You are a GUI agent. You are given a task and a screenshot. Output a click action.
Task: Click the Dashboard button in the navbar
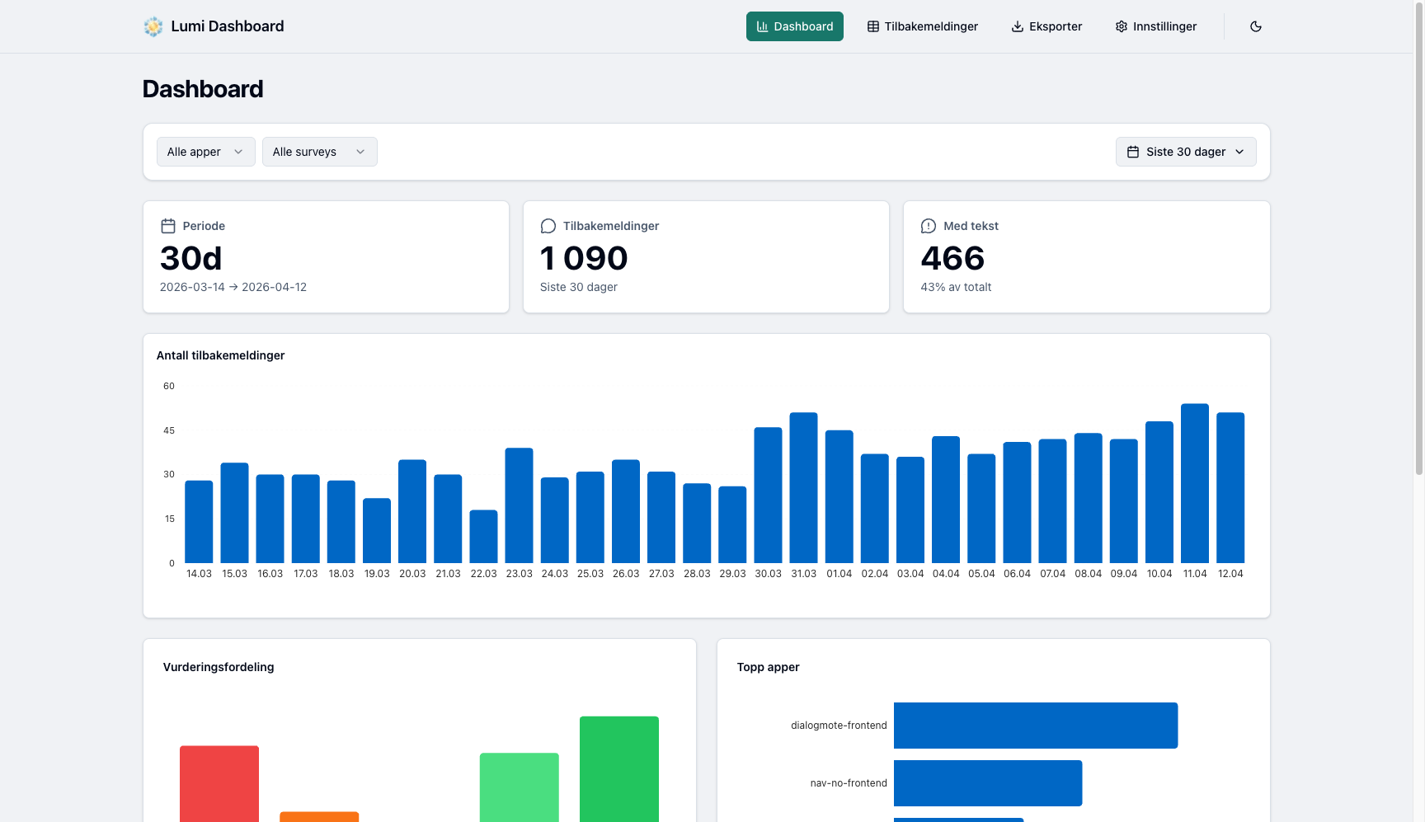coord(794,26)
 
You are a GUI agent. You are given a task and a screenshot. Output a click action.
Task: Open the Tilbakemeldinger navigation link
coord(922,26)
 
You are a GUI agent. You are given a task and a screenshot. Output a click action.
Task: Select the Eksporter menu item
coord(1046,26)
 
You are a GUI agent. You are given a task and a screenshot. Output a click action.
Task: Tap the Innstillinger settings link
coord(1155,26)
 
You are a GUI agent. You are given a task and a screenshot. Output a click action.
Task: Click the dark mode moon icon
coord(1255,26)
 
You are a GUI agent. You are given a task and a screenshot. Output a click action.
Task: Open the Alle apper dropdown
coord(205,152)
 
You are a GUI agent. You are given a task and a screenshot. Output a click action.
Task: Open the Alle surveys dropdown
coord(319,152)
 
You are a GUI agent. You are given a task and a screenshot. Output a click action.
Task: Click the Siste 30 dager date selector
coord(1185,152)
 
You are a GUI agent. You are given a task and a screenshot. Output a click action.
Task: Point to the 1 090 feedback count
coord(584,259)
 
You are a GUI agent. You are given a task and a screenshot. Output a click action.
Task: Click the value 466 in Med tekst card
coord(952,259)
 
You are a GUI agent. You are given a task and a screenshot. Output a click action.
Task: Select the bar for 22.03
coord(483,537)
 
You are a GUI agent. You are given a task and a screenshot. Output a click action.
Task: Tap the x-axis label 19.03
coord(377,574)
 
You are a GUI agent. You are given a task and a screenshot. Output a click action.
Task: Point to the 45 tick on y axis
coord(169,430)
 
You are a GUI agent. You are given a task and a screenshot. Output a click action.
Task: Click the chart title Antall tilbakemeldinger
coord(220,355)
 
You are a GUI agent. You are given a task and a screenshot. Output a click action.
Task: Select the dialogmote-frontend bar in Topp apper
coord(1035,726)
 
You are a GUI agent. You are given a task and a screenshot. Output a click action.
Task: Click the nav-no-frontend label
coord(848,783)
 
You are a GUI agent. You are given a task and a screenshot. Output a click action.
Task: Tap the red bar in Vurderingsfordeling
coord(219,783)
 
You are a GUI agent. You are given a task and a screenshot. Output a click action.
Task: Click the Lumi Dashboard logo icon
coord(153,26)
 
